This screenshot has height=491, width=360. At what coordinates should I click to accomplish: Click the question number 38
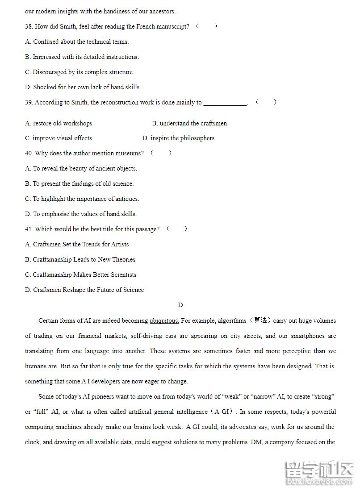tap(29, 26)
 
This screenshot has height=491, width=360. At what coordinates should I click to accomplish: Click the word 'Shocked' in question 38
tap(44, 87)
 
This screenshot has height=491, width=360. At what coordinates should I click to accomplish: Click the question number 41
tap(29, 229)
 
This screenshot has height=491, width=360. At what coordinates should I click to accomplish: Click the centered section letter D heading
tap(180, 305)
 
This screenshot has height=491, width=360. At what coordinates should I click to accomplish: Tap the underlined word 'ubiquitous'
tap(164, 320)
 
